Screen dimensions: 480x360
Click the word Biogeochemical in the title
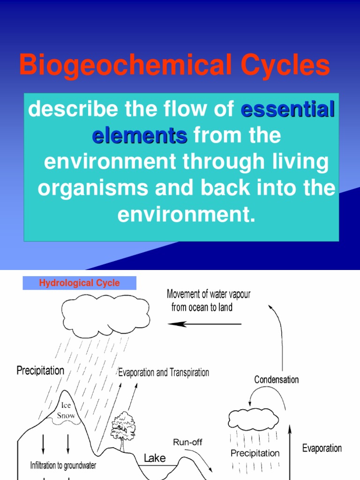120,65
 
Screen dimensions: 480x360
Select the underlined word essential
287,110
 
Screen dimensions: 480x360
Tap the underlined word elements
139,136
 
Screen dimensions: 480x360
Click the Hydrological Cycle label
79,283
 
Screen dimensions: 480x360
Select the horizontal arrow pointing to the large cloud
204,323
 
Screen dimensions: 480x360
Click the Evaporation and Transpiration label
163,373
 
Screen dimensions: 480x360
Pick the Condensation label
276,379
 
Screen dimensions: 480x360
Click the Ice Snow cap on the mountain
66,410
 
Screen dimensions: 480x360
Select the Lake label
154,457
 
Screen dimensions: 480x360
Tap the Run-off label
187,442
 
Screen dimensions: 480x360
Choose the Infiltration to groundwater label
63,465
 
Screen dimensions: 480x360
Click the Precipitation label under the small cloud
255,453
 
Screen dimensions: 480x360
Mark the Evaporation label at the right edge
322,448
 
